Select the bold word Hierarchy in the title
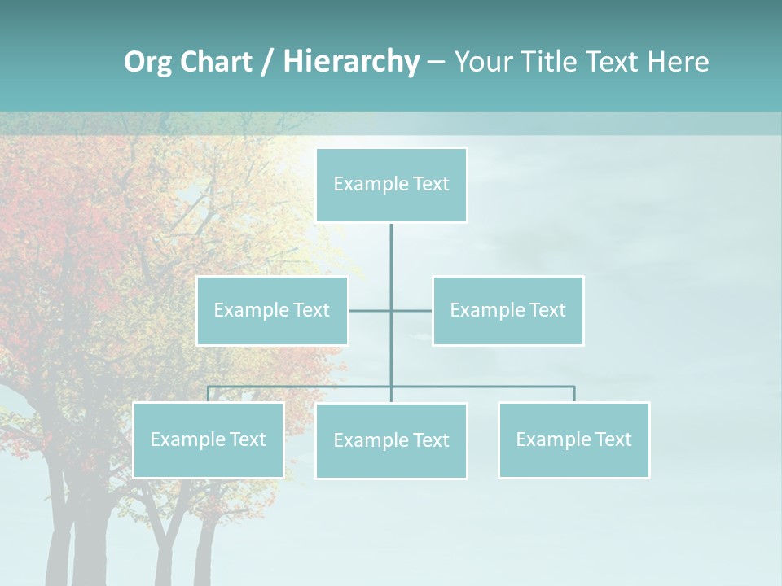pyautogui.click(x=351, y=62)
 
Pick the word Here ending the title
pyautogui.click(x=678, y=62)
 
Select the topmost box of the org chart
pyautogui.click(x=391, y=185)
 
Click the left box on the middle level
pyautogui.click(x=272, y=310)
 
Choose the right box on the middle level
pyautogui.click(x=508, y=310)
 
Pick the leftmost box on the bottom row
pyautogui.click(x=208, y=439)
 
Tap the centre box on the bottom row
pyautogui.click(x=391, y=440)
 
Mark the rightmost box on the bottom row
pyautogui.click(x=574, y=439)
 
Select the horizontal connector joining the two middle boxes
pyautogui.click(x=411, y=310)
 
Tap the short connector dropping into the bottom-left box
pyautogui.click(x=208, y=394)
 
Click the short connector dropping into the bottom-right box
pyautogui.click(x=574, y=394)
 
